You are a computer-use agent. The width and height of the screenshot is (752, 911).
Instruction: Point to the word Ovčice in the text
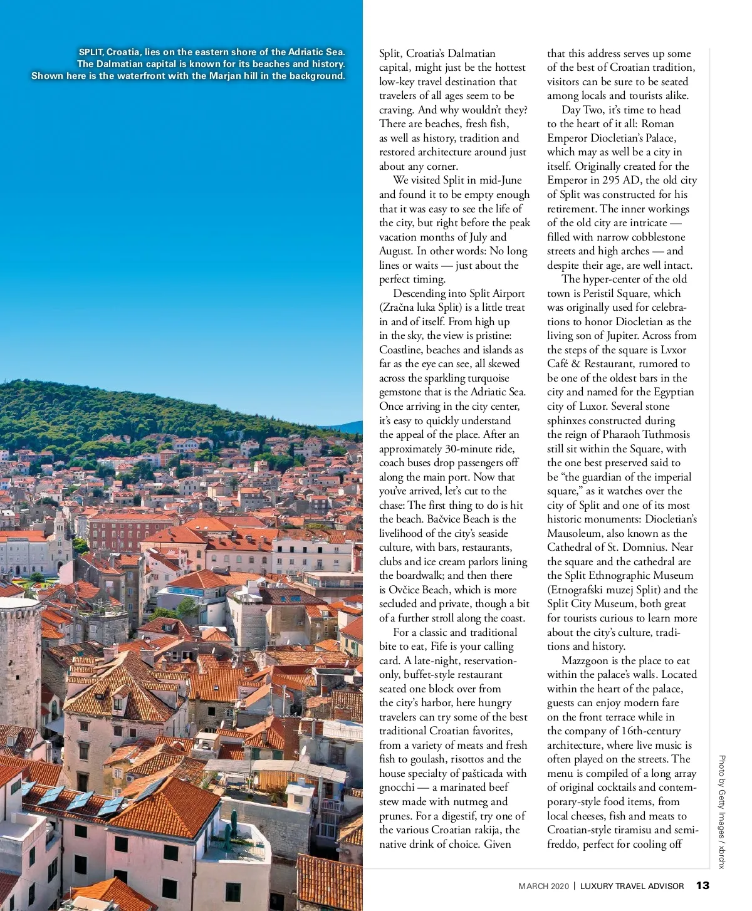pos(408,590)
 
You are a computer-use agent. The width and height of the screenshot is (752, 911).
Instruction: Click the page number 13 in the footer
pos(702,885)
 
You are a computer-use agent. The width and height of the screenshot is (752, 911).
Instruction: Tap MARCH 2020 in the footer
pos(543,886)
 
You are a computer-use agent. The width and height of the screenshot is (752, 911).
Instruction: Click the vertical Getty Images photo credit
pos(721,811)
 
